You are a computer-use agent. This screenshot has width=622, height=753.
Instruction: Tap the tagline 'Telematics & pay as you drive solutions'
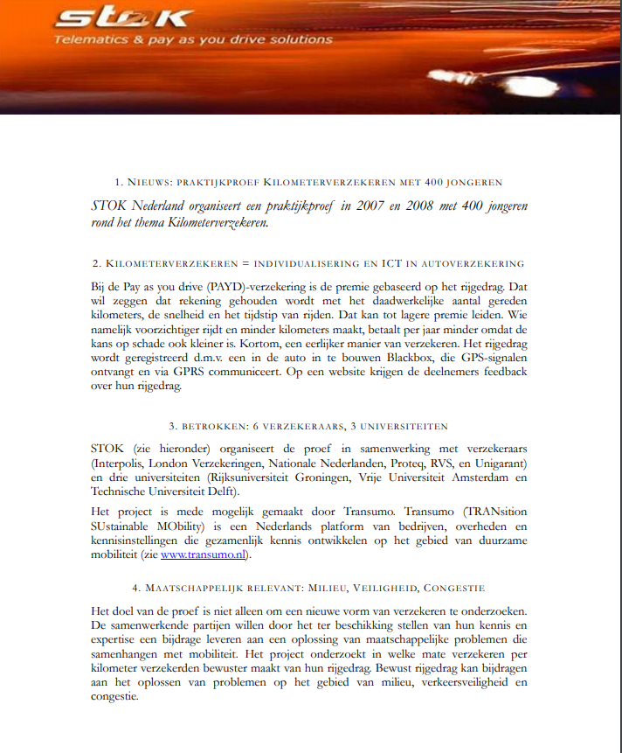(x=193, y=39)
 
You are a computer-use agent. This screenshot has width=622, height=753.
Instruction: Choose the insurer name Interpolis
(x=123, y=464)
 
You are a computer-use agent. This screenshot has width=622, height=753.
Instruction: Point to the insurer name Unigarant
(x=498, y=464)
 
